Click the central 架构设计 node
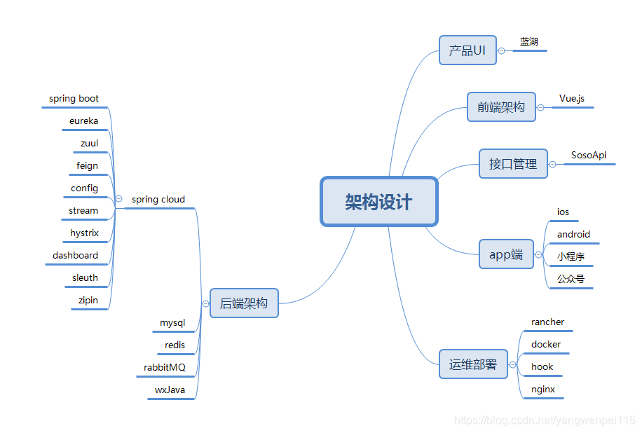379,202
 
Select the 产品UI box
467,50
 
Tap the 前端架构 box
501,107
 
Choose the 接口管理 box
513,164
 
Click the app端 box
506,254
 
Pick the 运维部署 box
473,364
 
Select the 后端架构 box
244,303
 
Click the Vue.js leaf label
572,98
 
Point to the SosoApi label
589,155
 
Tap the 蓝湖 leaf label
529,41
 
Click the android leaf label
573,234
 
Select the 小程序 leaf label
571,256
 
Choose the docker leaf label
546,344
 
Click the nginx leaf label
543,389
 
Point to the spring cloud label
158,199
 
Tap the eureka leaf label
84,121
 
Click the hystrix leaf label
85,233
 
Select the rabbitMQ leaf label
165,367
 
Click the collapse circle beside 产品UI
501,50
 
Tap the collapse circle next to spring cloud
118,199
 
